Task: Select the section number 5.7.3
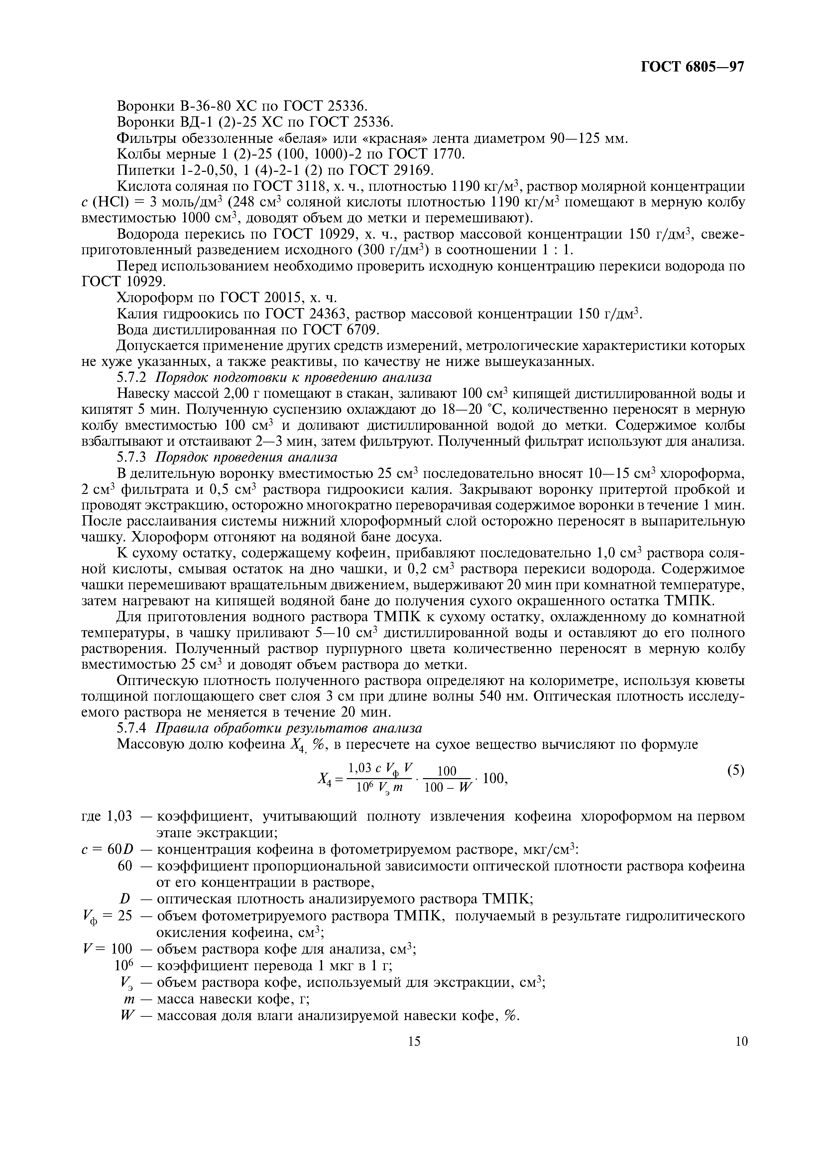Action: [x=132, y=458]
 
